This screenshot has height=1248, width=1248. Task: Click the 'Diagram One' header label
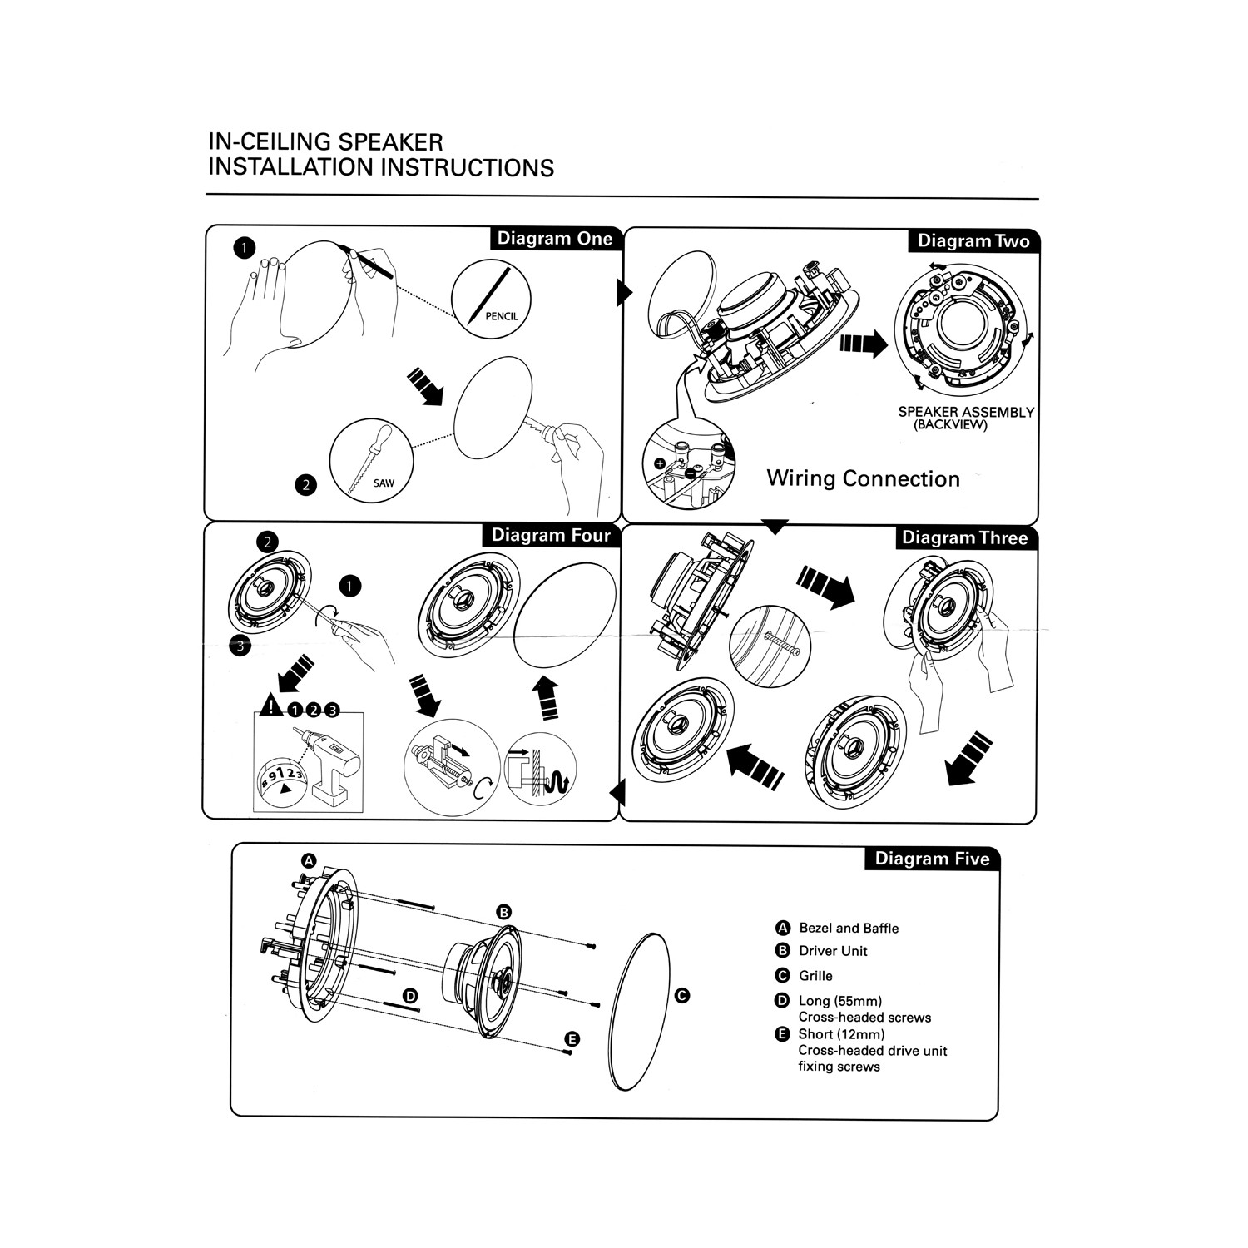[554, 239]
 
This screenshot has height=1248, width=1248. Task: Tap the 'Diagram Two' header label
[973, 241]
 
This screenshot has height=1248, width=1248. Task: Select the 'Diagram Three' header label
[964, 538]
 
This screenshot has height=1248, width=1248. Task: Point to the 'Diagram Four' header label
[551, 535]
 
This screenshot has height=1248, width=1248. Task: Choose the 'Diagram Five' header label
[932, 859]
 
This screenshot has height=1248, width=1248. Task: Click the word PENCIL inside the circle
[501, 316]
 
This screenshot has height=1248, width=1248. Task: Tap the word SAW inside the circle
[384, 483]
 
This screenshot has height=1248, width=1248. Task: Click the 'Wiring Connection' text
[863, 478]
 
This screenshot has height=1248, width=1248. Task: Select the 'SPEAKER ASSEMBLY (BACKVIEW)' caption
[965, 418]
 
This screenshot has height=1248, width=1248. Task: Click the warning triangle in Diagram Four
[270, 707]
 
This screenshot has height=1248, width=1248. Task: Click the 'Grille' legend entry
[815, 976]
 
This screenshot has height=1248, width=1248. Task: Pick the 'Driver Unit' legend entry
[833, 951]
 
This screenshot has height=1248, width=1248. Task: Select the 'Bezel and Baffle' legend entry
[849, 928]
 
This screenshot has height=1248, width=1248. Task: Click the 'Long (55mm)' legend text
[839, 1001]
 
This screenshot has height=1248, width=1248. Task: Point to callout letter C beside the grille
[682, 995]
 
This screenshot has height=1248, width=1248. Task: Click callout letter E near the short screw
[572, 1039]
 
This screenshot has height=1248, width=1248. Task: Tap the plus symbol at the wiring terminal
[660, 463]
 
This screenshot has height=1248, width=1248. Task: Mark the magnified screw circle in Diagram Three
[770, 646]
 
